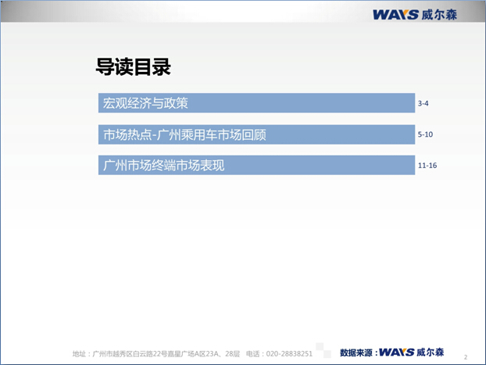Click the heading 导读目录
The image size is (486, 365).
coord(134,66)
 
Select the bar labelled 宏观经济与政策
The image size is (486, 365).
coord(256,103)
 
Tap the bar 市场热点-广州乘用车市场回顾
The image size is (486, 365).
coord(256,134)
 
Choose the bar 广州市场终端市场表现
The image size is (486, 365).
coord(256,165)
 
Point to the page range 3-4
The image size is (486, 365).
coord(423,103)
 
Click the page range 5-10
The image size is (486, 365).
coord(425,134)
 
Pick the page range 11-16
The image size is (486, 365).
coord(427,165)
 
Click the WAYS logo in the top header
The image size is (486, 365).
coord(395,15)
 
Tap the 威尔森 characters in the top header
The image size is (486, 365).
coord(439,15)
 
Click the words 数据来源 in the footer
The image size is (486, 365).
coord(356,352)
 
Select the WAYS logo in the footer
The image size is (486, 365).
coord(396,352)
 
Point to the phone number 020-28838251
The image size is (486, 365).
coord(289,354)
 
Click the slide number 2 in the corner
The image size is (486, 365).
coord(466,357)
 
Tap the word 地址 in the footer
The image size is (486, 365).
coord(79,354)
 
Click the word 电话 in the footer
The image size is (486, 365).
coord(253,354)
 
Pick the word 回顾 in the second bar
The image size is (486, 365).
coord(254,135)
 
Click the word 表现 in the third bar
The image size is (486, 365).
coord(213,165)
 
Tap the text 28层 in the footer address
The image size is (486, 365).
coord(233,354)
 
